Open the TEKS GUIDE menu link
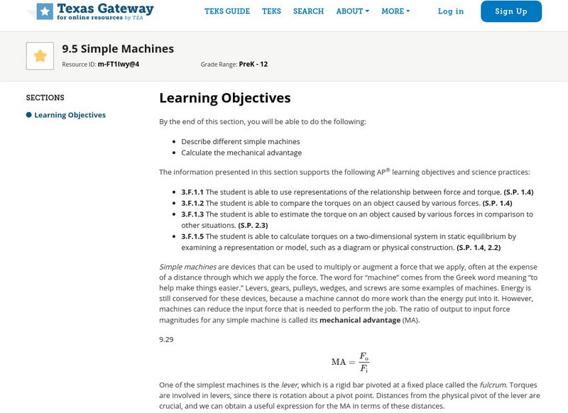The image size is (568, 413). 227,11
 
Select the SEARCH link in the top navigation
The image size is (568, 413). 308,11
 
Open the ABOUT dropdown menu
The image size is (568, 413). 352,11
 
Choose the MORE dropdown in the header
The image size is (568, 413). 395,11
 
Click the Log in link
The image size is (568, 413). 451,11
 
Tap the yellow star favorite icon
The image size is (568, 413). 40,56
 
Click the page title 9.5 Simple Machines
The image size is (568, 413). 118,49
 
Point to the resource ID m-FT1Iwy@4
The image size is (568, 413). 119,64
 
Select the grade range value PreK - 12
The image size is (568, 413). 253,64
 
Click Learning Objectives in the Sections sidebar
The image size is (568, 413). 70,115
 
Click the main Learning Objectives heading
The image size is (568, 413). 224,98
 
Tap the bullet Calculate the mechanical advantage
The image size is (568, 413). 241,153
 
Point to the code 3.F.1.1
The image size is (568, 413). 192,192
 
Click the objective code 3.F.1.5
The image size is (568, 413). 192,236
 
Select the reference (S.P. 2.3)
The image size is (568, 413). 253,225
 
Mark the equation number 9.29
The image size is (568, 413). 166,339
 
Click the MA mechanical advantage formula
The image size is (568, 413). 349,362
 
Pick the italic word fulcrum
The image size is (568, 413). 493,385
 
